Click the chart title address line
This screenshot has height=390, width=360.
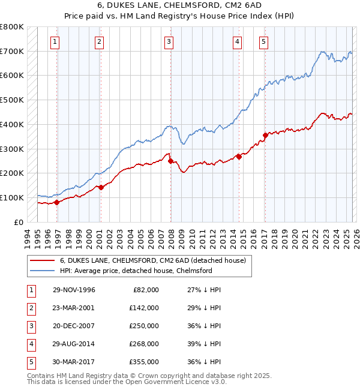[x=179, y=7]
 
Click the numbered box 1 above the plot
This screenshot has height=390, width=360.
[x=55, y=41]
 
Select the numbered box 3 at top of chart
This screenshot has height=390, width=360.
[x=169, y=41]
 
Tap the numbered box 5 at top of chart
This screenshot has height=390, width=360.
[x=264, y=41]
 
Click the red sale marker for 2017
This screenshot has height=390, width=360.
[x=265, y=135]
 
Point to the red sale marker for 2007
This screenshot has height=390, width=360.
[x=170, y=161]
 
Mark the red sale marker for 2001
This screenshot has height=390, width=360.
[x=101, y=187]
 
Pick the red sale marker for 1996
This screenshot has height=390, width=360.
[x=57, y=202]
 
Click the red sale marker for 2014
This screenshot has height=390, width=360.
[x=239, y=157]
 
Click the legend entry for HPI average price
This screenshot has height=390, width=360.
[x=136, y=271]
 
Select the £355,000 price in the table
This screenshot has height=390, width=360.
[x=143, y=362]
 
